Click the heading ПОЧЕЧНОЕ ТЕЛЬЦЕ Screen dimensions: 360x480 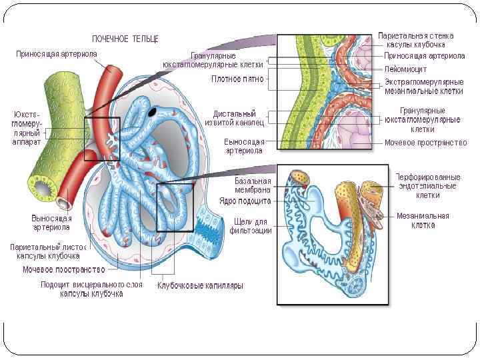(x=125, y=39)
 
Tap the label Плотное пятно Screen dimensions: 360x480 (x=237, y=79)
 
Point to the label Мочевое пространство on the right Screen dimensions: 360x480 (x=425, y=143)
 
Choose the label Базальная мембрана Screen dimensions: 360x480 (x=252, y=186)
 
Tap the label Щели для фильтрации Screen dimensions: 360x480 (x=251, y=226)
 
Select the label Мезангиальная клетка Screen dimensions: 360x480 (x=423, y=220)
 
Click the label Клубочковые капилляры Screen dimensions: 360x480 (x=200, y=285)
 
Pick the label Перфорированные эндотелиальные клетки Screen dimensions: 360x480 (x=427, y=186)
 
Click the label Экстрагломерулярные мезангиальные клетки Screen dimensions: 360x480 (x=424, y=87)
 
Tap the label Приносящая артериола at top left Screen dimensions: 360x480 (x=57, y=53)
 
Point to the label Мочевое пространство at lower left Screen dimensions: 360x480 (x=64, y=270)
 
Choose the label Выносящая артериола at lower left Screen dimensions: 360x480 (x=51, y=222)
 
